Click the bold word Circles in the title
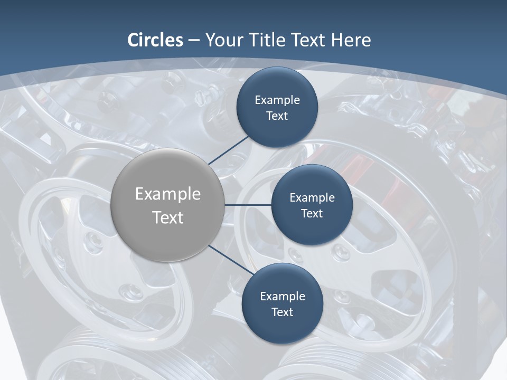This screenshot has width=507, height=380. tap(155, 40)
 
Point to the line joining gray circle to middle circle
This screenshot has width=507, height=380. tap(248, 205)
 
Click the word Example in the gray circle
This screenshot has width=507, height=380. tap(168, 194)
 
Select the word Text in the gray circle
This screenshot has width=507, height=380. tap(168, 217)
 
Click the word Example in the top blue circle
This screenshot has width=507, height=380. tap(277, 100)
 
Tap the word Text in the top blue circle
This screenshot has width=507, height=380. tap(277, 116)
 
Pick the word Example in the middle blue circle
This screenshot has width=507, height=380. tap(312, 198)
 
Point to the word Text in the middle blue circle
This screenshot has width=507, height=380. tap(312, 214)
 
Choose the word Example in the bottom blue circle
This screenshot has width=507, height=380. tap(283, 297)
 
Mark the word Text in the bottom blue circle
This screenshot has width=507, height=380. tap(282, 312)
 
